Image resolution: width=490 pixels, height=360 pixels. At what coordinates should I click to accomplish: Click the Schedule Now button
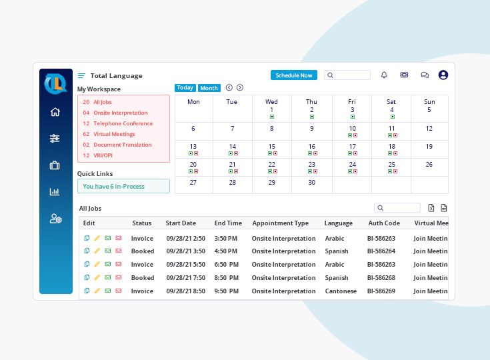(293, 75)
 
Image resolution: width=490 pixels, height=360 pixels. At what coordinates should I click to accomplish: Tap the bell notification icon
(384, 75)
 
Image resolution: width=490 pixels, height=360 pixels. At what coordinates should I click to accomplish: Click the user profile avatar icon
(443, 75)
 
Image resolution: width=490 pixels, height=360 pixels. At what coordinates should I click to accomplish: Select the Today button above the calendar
(185, 88)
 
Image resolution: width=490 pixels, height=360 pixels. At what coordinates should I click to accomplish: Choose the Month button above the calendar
(209, 88)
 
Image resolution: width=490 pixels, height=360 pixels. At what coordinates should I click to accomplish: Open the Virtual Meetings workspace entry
(114, 134)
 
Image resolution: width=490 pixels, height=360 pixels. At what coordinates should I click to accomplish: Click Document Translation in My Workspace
(122, 145)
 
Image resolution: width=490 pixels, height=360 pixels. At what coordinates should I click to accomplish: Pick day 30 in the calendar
(311, 182)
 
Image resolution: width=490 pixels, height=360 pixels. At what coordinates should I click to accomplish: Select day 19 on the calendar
(429, 147)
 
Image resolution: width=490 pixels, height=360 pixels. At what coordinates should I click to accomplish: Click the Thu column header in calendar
(311, 102)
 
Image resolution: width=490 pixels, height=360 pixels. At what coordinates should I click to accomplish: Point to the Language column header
(339, 223)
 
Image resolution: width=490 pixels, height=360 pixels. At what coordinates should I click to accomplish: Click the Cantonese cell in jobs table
(341, 291)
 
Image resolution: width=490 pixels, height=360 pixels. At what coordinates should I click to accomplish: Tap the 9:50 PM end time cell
(227, 291)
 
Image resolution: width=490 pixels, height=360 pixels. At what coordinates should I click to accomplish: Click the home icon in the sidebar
(55, 112)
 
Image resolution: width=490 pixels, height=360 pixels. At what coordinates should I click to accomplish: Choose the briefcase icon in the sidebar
(55, 165)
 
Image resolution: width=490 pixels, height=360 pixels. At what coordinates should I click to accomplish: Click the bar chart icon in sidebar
(55, 192)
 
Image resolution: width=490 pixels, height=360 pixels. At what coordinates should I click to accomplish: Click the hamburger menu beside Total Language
(81, 75)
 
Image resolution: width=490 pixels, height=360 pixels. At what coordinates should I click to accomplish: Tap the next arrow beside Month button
(240, 87)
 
